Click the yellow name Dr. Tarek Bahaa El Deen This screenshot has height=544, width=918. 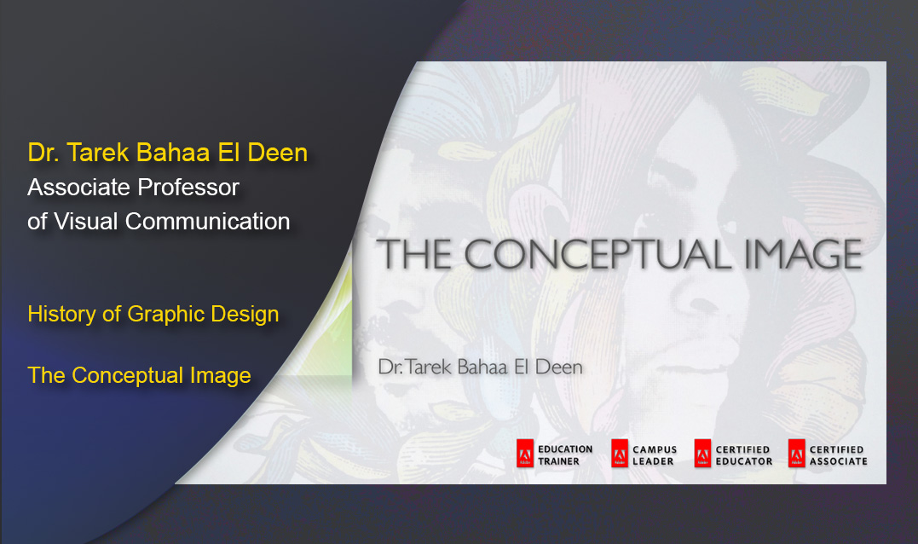(167, 153)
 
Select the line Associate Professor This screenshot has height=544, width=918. (134, 187)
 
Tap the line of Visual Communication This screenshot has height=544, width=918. (159, 221)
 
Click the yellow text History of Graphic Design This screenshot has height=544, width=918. (153, 314)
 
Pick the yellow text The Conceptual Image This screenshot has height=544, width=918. (139, 375)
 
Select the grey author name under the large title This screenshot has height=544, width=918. (480, 367)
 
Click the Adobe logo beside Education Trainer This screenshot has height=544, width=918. (525, 454)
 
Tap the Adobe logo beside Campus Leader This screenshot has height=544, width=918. (620, 454)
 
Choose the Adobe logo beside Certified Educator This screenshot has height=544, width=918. (702, 454)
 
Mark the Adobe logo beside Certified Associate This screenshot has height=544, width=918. (796, 454)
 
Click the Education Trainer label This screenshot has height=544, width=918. (565, 455)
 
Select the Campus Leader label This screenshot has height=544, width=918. (655, 455)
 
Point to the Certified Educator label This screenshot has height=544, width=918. (744, 455)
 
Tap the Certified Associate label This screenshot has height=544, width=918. (838, 455)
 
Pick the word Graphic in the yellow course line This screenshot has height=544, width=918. (165, 314)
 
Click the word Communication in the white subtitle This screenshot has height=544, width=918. (208, 221)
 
